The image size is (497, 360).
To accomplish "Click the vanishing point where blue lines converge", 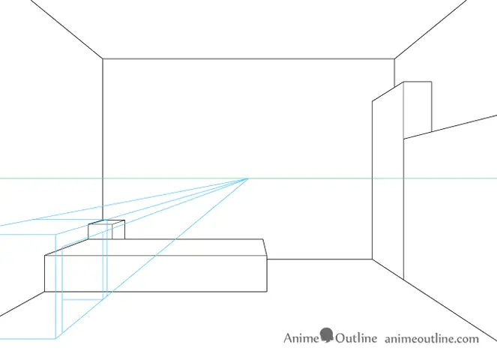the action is (x=248, y=179).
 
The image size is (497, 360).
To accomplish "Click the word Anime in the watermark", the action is (x=301, y=338).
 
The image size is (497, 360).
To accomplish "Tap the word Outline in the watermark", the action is (x=356, y=338).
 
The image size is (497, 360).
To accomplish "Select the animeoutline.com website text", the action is (x=432, y=339).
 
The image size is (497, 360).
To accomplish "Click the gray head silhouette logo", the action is (x=327, y=335).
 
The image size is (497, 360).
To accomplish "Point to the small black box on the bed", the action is (x=106, y=229).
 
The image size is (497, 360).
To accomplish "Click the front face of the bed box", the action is (x=156, y=274).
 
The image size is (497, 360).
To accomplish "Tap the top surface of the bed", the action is (x=155, y=247).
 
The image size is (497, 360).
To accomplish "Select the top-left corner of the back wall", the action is (x=103, y=58).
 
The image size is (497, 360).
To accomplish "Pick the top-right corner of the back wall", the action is (x=394, y=58).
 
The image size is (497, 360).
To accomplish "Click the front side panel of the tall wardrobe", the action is (x=388, y=181).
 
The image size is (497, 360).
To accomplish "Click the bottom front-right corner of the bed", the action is (x=267, y=292).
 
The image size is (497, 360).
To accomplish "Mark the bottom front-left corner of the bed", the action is (x=45, y=292).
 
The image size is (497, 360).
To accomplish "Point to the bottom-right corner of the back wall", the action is (x=372, y=259).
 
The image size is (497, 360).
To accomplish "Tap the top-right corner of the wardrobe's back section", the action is (x=431, y=82).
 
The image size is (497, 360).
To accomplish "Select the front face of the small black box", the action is (x=100, y=232).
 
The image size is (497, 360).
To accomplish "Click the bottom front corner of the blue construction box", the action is (x=55, y=339).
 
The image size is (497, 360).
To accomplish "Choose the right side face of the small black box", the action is (x=118, y=229).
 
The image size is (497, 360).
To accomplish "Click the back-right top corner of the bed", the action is (x=263, y=239).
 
